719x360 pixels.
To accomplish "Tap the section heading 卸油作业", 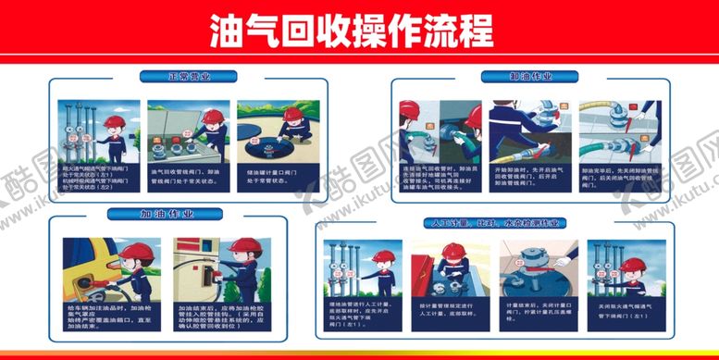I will [528, 77].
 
